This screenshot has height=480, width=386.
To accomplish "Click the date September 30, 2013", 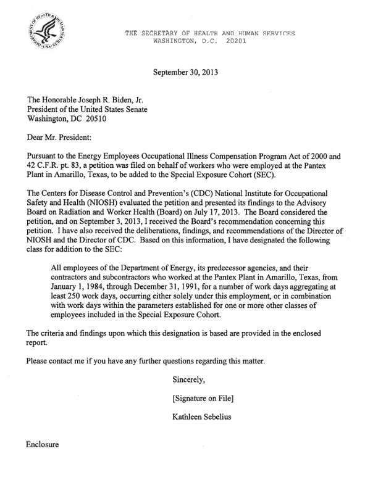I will tap(185, 72).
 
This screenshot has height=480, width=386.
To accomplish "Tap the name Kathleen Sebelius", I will tap(204, 417).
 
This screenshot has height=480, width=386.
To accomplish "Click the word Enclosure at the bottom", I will tap(43, 444).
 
